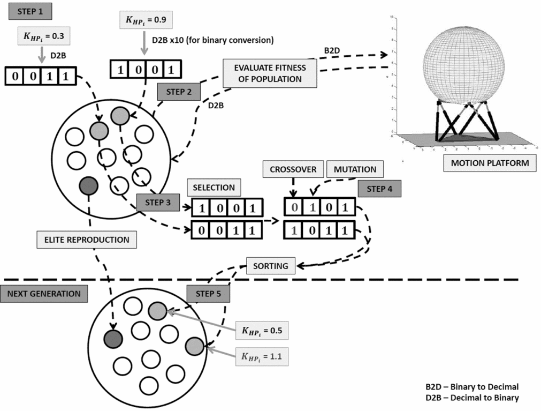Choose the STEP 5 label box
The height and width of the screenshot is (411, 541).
(x=208, y=294)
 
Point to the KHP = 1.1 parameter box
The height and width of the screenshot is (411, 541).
(x=262, y=355)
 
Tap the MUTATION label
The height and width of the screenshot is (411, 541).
(x=355, y=169)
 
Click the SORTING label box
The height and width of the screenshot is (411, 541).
(x=271, y=266)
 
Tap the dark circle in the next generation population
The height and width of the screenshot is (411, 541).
(x=113, y=338)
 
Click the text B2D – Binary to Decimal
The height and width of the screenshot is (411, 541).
(x=472, y=386)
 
